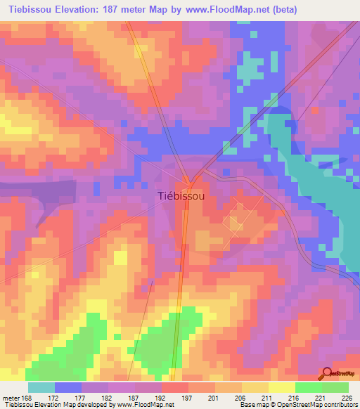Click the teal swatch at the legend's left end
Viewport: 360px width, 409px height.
pyautogui.click(x=41, y=387)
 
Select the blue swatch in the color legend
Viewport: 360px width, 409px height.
pyautogui.click(x=67, y=387)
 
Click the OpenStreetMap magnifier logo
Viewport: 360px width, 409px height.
pyautogui.click(x=326, y=374)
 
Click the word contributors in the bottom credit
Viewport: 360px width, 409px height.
pyautogui.click(x=340, y=405)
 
